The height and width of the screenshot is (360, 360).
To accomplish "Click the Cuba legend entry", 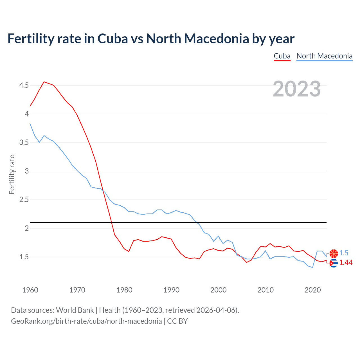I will point(282,56).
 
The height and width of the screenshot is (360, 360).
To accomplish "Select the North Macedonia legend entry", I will point(324,56).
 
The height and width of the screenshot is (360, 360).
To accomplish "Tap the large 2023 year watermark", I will point(297,89).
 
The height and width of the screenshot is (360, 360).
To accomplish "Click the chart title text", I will point(151,39).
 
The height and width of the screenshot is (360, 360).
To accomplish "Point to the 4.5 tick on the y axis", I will point(24,85).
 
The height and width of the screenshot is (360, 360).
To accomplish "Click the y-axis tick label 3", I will point(27,171).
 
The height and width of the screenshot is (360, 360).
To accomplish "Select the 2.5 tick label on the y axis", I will point(24,200).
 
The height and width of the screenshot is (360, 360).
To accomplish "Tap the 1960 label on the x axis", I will point(30,290).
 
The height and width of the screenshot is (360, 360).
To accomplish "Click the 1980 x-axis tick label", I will point(124,290).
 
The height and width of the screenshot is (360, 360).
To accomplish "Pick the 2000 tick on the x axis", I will point(218,290).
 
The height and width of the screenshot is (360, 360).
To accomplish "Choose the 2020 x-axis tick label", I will point(312,290).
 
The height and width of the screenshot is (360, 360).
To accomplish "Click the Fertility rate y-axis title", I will point(12,174).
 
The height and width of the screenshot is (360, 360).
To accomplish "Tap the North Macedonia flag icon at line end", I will point(334,253).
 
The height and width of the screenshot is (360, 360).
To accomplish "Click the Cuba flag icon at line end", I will point(334,263).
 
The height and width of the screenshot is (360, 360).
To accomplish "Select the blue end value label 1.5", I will point(344,253).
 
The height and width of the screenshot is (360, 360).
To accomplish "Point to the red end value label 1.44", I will point(346,263).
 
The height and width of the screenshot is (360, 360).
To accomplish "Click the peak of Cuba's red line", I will point(44,82).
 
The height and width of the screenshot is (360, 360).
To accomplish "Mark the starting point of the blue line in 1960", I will point(30,123).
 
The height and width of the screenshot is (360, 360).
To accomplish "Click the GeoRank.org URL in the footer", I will point(86,321).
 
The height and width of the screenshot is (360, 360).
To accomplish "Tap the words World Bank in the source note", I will point(75,310).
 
